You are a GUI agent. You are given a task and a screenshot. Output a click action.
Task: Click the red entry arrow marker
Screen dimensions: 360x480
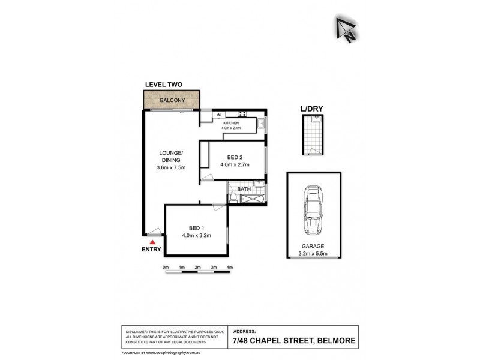click(152, 241)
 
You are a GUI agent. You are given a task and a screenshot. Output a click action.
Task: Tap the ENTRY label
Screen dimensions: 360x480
click(151, 249)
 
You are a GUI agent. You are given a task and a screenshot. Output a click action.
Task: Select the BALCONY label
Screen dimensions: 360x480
click(171, 101)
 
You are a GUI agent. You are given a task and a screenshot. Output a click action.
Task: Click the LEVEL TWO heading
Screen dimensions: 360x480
click(164, 85)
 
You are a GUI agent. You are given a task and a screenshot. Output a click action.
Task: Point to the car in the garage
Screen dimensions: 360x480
click(314, 210)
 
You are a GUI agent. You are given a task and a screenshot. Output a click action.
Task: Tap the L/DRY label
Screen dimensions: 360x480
click(312, 109)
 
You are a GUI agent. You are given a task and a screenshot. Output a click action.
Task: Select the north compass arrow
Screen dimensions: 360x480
click(346, 28)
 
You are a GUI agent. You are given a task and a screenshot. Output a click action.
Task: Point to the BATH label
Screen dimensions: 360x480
click(244, 190)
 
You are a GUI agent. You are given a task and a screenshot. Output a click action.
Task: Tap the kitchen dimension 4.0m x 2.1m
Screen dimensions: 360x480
click(231, 127)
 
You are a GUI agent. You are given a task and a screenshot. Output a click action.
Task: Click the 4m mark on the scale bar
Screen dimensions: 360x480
click(229, 267)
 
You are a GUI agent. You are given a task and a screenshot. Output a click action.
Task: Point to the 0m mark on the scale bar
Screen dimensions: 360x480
click(166, 267)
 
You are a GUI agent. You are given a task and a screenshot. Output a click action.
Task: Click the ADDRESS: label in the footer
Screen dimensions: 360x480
click(244, 331)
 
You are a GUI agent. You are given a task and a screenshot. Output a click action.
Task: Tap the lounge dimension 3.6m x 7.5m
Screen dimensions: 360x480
click(170, 167)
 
